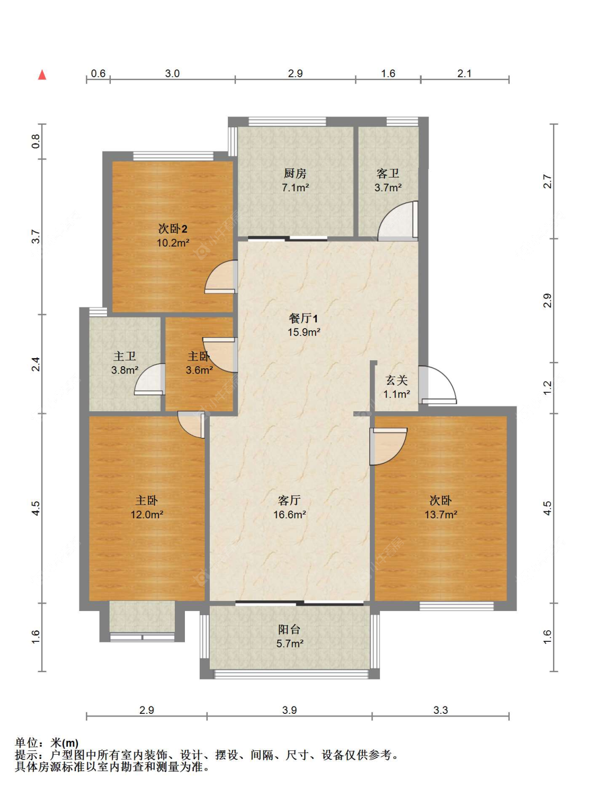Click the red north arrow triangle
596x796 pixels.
tap(42, 75)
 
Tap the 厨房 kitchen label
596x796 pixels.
tap(295, 174)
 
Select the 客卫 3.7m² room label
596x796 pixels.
tap(388, 180)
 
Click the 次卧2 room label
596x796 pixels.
tap(173, 229)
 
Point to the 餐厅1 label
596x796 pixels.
tap(304, 319)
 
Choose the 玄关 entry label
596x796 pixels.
tap(397, 381)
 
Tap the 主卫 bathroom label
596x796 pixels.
tap(124, 356)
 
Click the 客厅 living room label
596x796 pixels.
tap(289, 500)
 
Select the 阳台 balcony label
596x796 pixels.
tap(289, 630)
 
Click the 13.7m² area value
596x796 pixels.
tap(440, 514)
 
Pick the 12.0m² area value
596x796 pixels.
tap(146, 514)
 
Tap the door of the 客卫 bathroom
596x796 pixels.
tap(398, 220)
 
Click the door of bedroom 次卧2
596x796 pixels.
tap(221, 277)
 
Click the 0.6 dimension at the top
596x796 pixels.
tap(98, 73)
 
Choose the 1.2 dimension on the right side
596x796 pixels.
tap(547, 387)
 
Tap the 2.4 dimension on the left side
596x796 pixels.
tap(35, 364)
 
